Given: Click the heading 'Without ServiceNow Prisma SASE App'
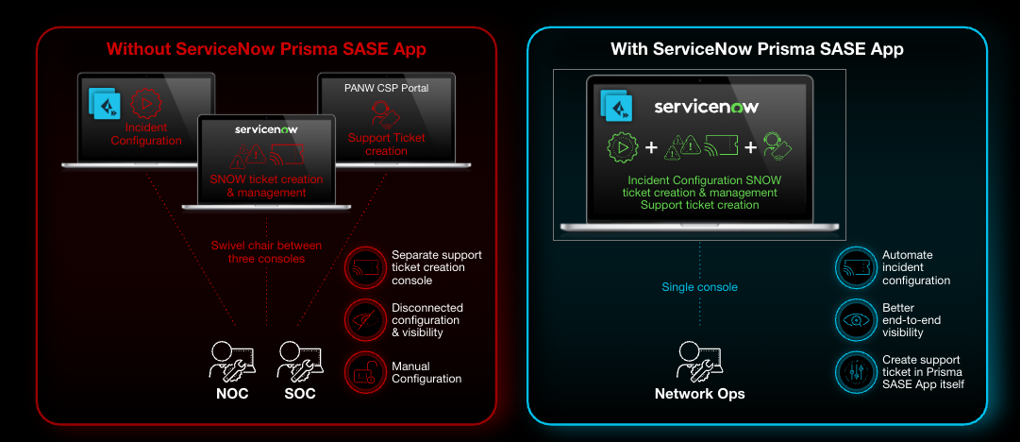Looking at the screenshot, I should (x=267, y=48).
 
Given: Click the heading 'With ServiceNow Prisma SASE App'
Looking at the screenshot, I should (x=756, y=48).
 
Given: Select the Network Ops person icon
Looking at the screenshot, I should (x=699, y=360).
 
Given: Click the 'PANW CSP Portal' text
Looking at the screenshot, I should (x=386, y=88).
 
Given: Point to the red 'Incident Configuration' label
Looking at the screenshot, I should (x=145, y=134).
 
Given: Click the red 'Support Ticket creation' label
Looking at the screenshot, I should (x=387, y=144).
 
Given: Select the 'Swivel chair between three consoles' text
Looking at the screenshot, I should (x=265, y=252).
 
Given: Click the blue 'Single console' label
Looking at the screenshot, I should (x=699, y=287).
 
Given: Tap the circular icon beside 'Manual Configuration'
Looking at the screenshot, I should (x=365, y=372).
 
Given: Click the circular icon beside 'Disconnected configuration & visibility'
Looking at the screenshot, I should (x=365, y=319).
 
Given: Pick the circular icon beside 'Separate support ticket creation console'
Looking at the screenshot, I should (x=365, y=267).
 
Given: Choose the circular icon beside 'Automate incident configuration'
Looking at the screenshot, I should (x=855, y=267).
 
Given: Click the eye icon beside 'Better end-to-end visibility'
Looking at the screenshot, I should (x=855, y=319).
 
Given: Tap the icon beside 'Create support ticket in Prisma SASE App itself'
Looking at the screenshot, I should (x=855, y=372).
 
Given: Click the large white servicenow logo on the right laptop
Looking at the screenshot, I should (x=707, y=107).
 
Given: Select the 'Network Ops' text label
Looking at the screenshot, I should (x=699, y=394).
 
